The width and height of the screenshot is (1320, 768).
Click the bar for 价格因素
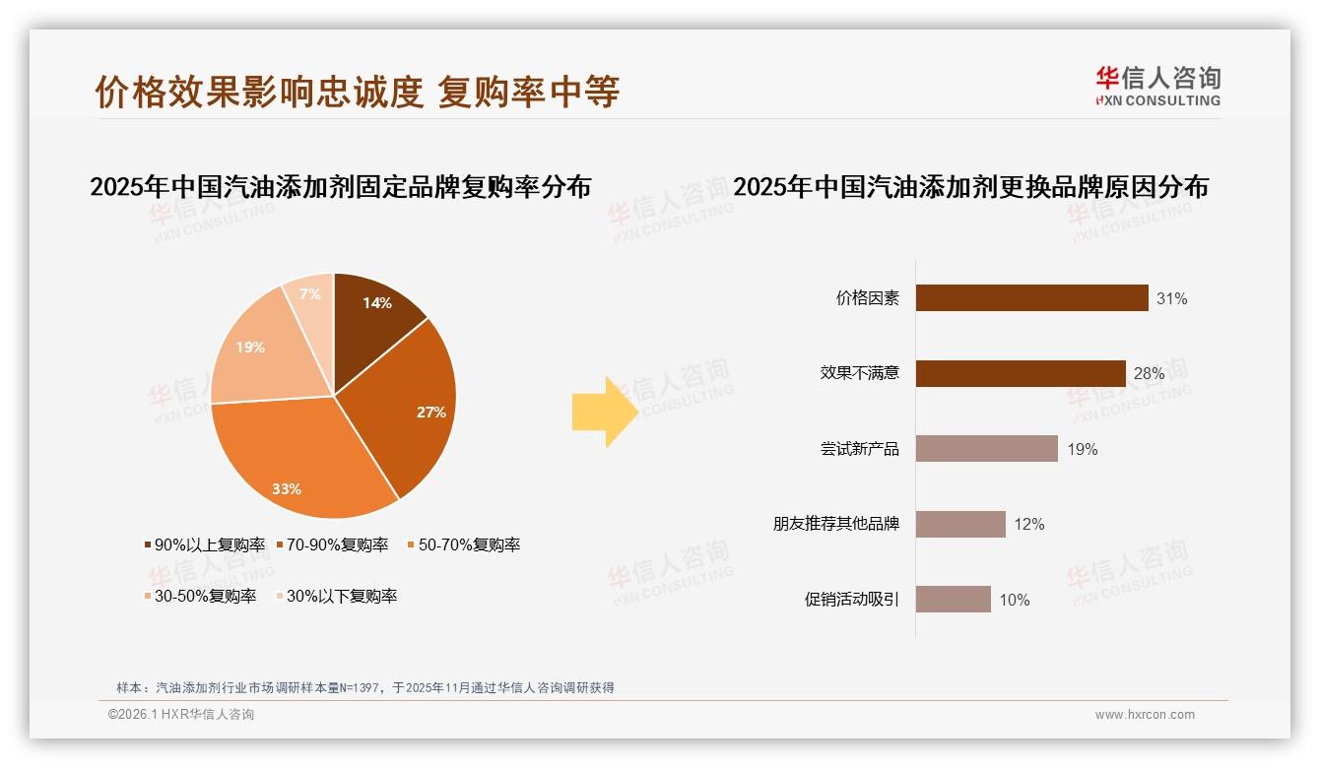pyautogui.click(x=1031, y=298)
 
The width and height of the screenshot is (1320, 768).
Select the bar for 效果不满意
pyautogui.click(x=1021, y=373)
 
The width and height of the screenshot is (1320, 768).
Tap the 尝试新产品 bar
pyautogui.click(x=986, y=449)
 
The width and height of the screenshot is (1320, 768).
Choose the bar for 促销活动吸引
pyautogui.click(x=953, y=600)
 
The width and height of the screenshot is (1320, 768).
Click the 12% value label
pyautogui.click(x=1028, y=525)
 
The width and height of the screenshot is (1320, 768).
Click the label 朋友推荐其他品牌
pyautogui.click(x=835, y=524)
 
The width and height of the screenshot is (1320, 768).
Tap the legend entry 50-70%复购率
pyautogui.click(x=463, y=544)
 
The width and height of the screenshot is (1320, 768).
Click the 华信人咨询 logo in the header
pyautogui.click(x=1157, y=86)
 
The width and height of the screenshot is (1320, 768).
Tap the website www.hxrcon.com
pyautogui.click(x=1145, y=715)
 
